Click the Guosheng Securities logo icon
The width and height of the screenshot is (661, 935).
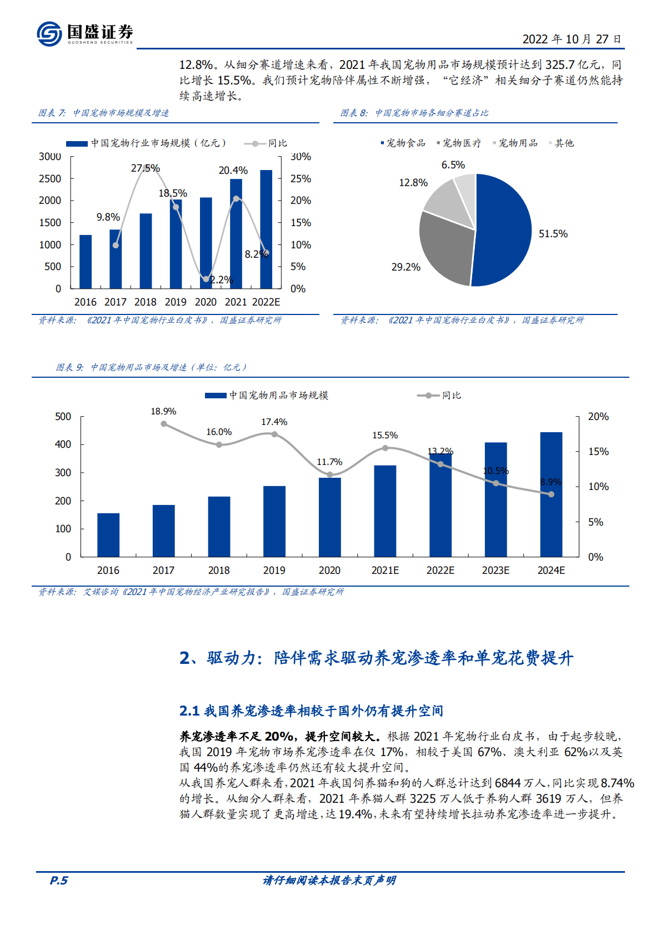tap(49, 34)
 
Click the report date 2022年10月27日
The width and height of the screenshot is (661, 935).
tap(572, 39)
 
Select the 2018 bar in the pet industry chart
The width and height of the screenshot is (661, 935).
tap(146, 251)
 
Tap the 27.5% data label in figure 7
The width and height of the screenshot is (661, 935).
tap(146, 168)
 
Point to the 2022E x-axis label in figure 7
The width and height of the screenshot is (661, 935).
tap(266, 302)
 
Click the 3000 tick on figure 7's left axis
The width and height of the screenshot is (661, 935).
tap(50, 157)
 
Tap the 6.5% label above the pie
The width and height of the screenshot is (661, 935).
tap(453, 165)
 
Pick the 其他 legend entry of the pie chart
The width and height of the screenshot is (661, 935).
tap(564, 143)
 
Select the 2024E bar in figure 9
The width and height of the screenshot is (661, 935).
tap(551, 494)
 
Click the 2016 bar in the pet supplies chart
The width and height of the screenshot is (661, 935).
tap(108, 534)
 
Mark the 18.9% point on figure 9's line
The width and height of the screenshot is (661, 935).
tap(164, 424)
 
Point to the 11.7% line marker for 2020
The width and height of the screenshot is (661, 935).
tap(330, 474)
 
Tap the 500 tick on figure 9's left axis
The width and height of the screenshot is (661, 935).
tap(63, 417)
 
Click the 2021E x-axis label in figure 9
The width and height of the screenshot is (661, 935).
tap(385, 571)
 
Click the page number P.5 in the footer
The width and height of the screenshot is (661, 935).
tap(59, 880)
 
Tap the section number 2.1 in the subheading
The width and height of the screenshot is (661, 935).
tap(189, 711)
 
